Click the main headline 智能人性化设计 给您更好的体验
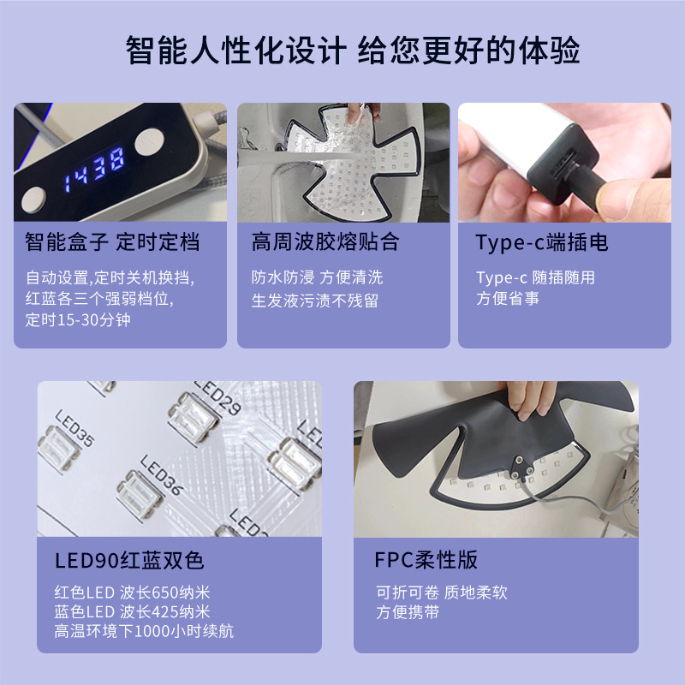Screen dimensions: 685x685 (353, 50)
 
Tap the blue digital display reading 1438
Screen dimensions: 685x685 (94, 169)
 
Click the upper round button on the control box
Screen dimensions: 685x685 (149, 140)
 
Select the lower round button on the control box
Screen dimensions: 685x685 (33, 200)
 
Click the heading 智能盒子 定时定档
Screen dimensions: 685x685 (112, 242)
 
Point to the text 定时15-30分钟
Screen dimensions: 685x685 (78, 319)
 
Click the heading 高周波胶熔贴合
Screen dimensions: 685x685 (325, 242)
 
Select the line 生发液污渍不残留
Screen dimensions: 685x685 (315, 301)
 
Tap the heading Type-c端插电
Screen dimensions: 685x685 (542, 243)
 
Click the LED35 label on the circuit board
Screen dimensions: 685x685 (74, 427)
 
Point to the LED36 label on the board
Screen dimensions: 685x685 (161, 474)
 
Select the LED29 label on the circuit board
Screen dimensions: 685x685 (217, 396)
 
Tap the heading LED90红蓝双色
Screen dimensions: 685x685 (129, 561)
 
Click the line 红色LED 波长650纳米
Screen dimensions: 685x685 (133, 593)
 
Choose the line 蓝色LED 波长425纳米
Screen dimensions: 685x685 (133, 611)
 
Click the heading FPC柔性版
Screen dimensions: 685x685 (426, 560)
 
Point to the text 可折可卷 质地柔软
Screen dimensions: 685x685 (441, 593)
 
